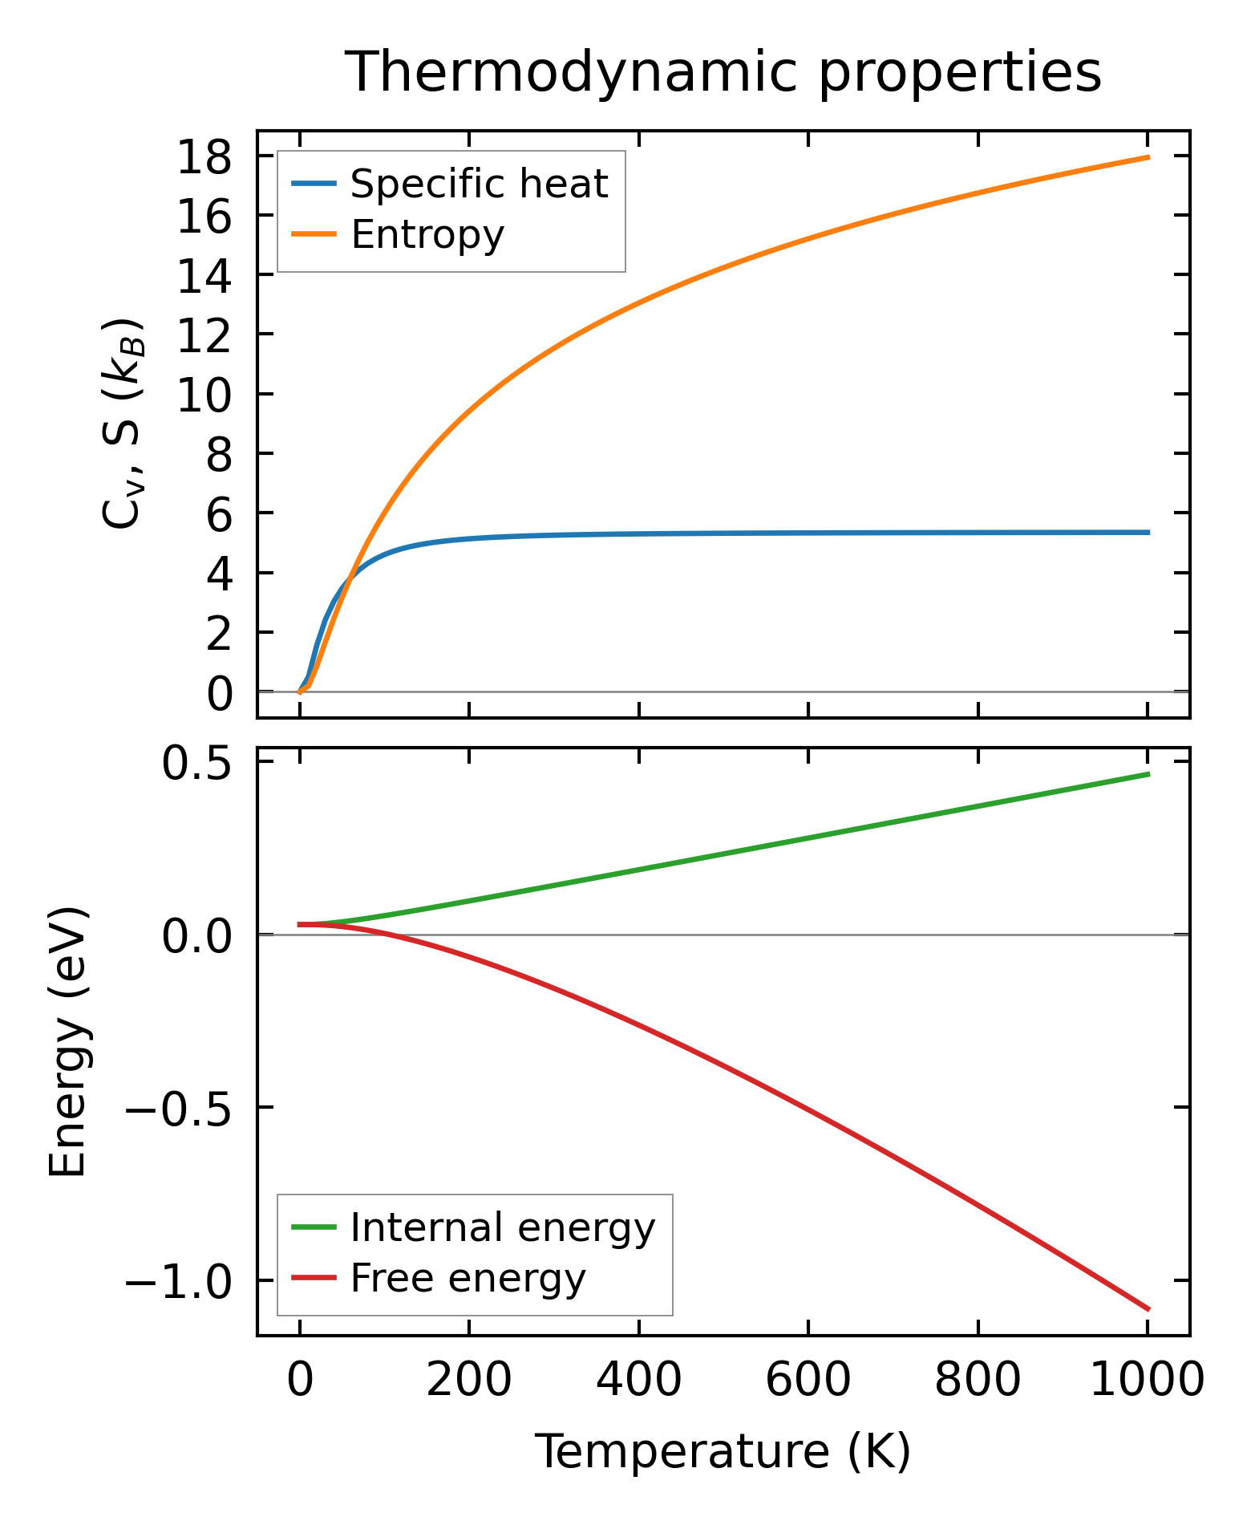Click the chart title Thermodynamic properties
[x=723, y=73]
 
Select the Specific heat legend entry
[x=479, y=185]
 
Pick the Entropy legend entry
[x=427, y=235]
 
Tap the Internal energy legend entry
[x=503, y=1228]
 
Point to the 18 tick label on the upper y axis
[x=204, y=157]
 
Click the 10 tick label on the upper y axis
[x=204, y=395]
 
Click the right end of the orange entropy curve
[x=1148, y=157]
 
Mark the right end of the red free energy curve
[x=1148, y=1309]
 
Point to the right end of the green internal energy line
[x=1148, y=774]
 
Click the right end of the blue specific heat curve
[x=1148, y=533]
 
